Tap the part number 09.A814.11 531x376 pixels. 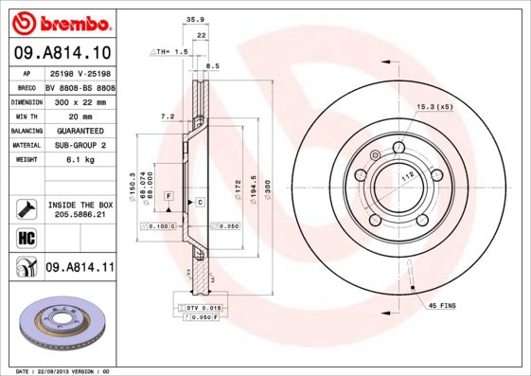coord(80,268)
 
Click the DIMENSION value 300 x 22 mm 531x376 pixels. coord(80,100)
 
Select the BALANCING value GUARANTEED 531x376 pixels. coord(80,131)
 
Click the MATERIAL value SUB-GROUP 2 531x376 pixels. coord(80,146)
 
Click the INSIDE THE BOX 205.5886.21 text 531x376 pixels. coord(80,209)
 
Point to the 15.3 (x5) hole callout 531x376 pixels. coord(434,108)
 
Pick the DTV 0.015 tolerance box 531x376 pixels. coord(203,308)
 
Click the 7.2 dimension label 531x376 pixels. coord(168,116)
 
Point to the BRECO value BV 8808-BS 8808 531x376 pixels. coord(80,85)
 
